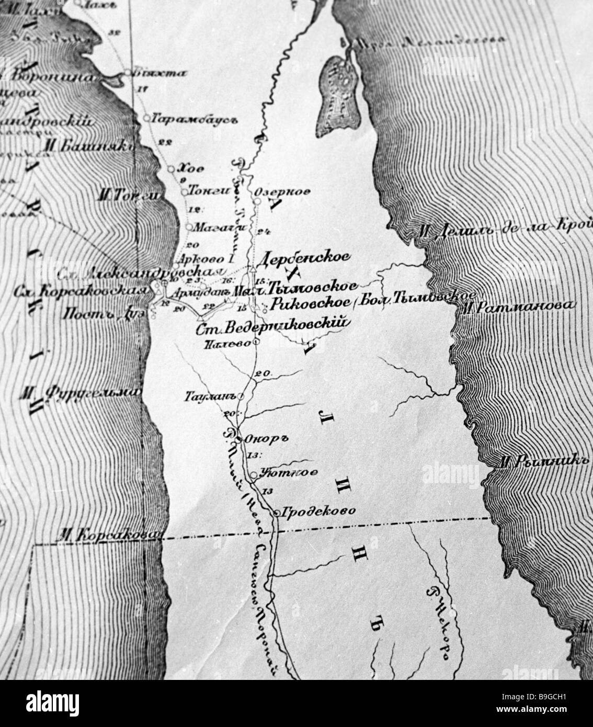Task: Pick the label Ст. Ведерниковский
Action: (272, 327)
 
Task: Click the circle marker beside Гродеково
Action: (277, 513)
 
